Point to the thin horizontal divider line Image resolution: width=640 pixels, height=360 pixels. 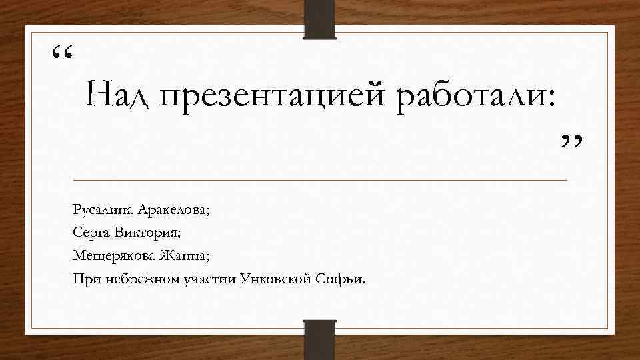tap(320, 181)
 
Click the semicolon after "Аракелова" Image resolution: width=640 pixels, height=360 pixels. tap(207, 213)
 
